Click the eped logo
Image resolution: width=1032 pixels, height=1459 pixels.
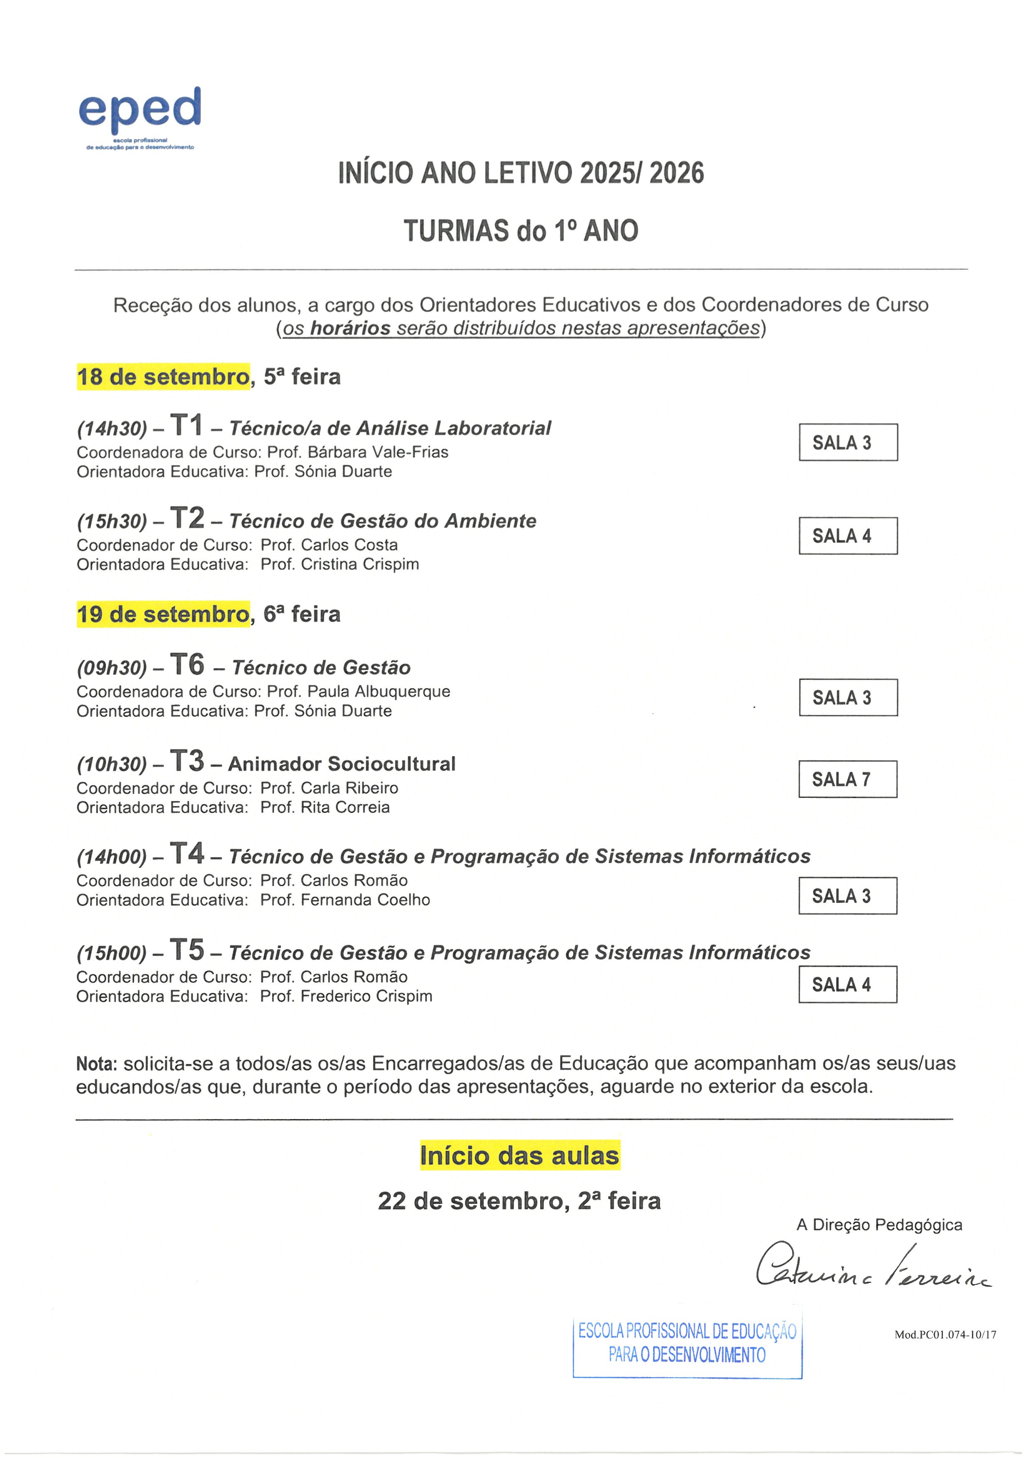140,118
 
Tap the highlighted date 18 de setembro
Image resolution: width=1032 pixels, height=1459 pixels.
163,377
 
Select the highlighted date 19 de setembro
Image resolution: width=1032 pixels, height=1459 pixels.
163,614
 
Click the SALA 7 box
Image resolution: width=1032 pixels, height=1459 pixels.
848,779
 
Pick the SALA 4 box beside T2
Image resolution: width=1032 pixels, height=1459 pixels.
848,536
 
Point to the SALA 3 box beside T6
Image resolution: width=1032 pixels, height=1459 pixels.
848,698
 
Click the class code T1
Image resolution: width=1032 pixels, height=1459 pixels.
186,425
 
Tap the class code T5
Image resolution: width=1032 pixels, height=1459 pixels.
187,950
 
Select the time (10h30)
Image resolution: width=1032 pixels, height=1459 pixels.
112,765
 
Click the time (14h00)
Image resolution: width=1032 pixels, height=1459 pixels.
112,857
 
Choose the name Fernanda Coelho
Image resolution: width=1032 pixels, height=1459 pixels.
365,900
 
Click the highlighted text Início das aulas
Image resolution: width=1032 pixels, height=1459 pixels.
519,1156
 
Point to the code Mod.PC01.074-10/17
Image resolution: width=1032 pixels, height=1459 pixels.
945,1335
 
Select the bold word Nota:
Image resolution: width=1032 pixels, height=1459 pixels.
97,1064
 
